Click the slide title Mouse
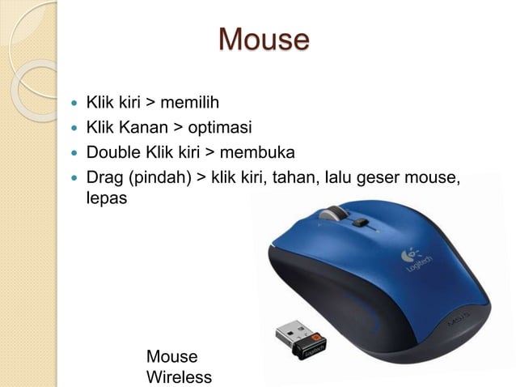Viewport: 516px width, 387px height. (x=264, y=39)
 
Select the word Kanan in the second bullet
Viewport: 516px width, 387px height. (x=144, y=128)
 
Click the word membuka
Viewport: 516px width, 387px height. (x=256, y=153)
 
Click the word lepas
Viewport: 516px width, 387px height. (x=107, y=198)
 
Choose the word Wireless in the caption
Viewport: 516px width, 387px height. (x=179, y=377)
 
